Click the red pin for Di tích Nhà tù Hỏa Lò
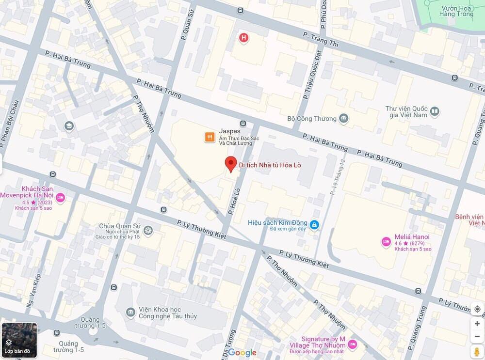pyautogui.click(x=231, y=164)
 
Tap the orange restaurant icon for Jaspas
pyautogui.click(x=210, y=137)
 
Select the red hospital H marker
pyautogui.click(x=243, y=37)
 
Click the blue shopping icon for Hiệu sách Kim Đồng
pyautogui.click(x=314, y=225)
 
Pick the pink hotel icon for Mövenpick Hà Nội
pyautogui.click(x=60, y=197)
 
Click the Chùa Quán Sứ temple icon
pyautogui.click(x=148, y=230)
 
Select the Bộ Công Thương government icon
pyautogui.click(x=344, y=118)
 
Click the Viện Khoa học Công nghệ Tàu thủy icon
pyautogui.click(x=130, y=312)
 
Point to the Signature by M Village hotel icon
pyautogui.click(x=353, y=344)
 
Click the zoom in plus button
pyautogui.click(x=477, y=324)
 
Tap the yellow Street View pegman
pyautogui.click(x=477, y=351)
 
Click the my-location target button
pyautogui.click(x=477, y=309)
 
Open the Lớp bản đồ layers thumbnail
pyautogui.click(x=19, y=340)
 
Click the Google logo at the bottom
pyautogui.click(x=242, y=353)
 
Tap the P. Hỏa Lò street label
pyautogui.click(x=234, y=201)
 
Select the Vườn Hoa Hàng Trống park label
pyautogui.click(x=456, y=11)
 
